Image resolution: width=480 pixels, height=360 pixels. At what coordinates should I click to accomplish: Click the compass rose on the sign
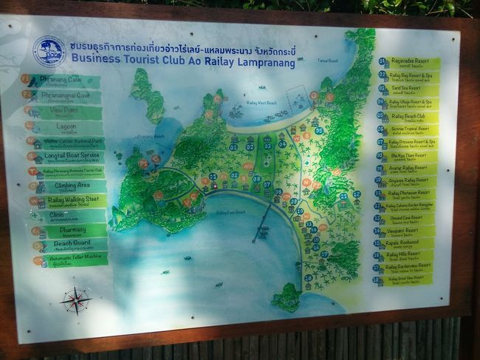75,300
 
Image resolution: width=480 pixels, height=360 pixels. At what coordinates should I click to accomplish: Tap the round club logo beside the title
49,52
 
